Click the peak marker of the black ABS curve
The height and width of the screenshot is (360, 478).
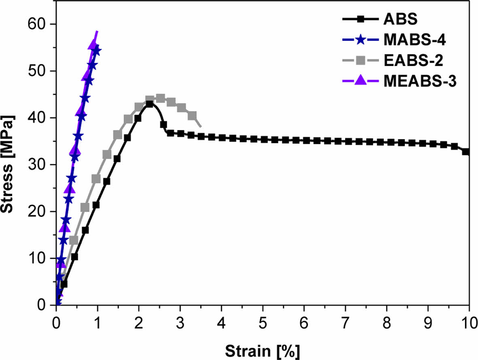(x=149, y=104)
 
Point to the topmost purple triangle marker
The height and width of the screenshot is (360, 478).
(x=93, y=44)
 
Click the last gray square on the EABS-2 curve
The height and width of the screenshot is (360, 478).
(x=192, y=116)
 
